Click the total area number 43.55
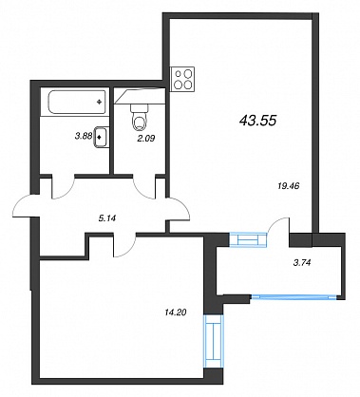click(x=258, y=120)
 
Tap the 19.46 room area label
click(x=288, y=186)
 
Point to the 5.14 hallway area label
click(x=106, y=218)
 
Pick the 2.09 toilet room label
click(x=146, y=138)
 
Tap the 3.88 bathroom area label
click(x=83, y=136)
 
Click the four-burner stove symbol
click(x=182, y=79)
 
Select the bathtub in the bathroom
click(x=77, y=102)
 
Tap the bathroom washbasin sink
click(x=101, y=137)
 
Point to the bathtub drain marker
click(x=100, y=102)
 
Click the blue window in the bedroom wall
click(x=213, y=340)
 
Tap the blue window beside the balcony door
click(x=248, y=239)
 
